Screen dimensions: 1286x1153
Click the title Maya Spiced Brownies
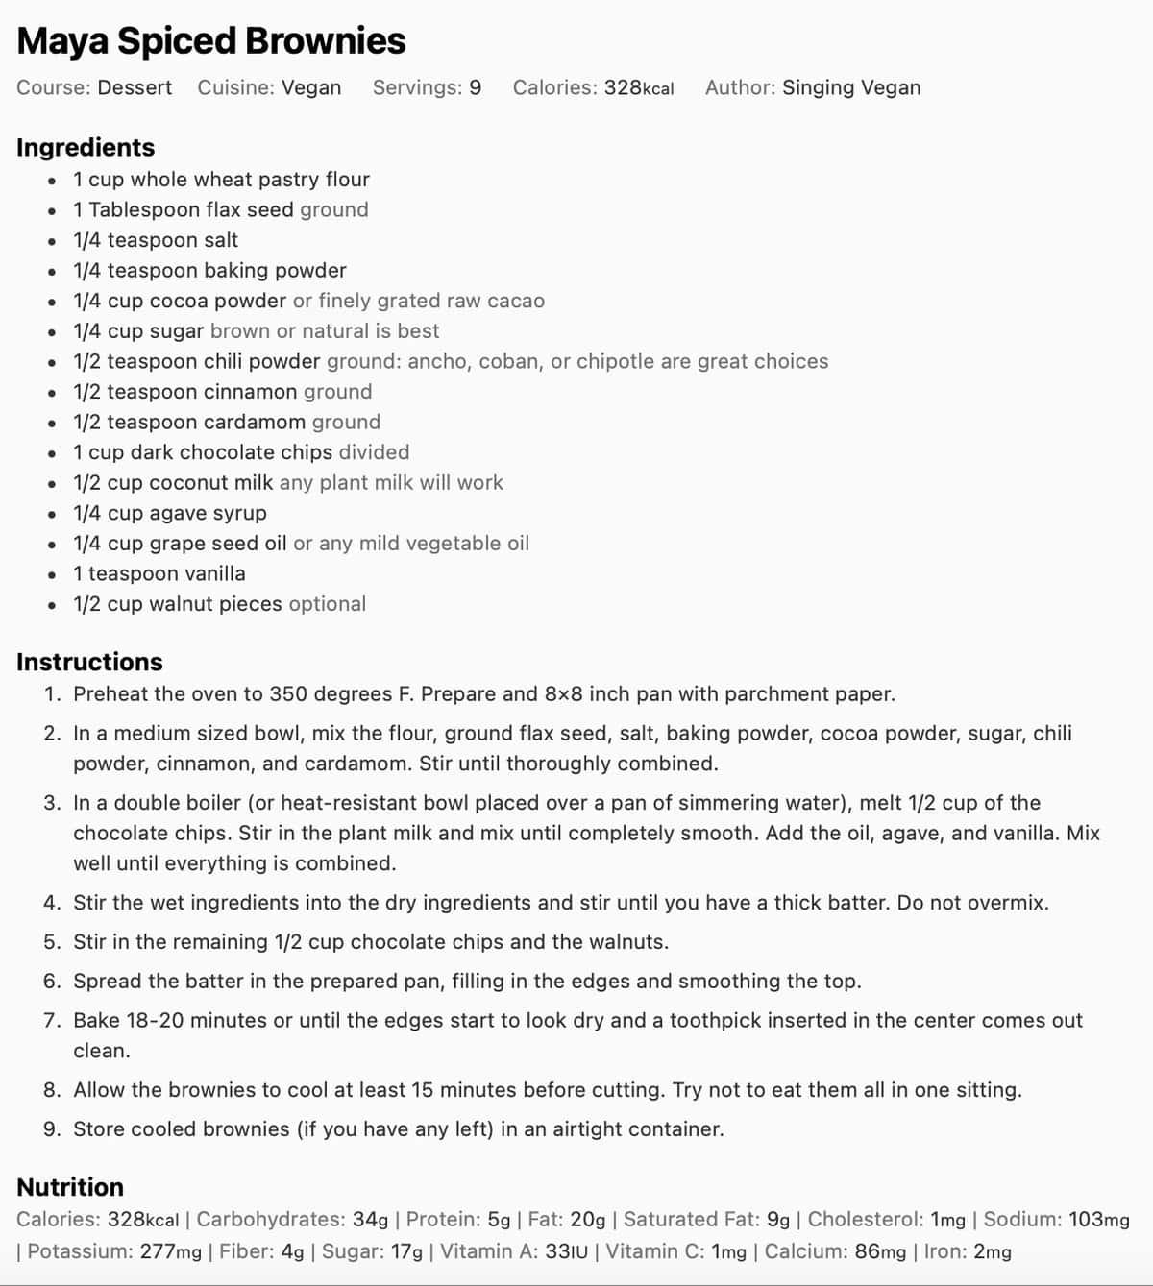tap(211, 41)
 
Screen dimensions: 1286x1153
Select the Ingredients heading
tap(86, 147)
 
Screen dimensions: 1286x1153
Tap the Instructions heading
tap(89, 662)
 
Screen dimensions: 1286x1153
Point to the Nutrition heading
tap(70, 1187)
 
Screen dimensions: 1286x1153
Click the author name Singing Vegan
tap(850, 87)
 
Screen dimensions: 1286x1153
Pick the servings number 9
tap(475, 87)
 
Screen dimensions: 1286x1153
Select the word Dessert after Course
tap(135, 87)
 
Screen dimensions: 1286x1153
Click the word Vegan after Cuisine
tap(311, 87)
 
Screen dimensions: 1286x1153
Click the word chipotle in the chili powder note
tap(616, 361)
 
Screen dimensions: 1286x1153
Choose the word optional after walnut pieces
tap(327, 604)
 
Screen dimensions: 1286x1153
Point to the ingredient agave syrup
tap(208, 513)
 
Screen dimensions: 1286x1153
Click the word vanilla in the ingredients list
tap(208, 573)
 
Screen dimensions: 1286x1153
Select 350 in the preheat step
tap(287, 693)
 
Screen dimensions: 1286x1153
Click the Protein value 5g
tap(499, 1220)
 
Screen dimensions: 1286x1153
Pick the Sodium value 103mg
tap(1098, 1220)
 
